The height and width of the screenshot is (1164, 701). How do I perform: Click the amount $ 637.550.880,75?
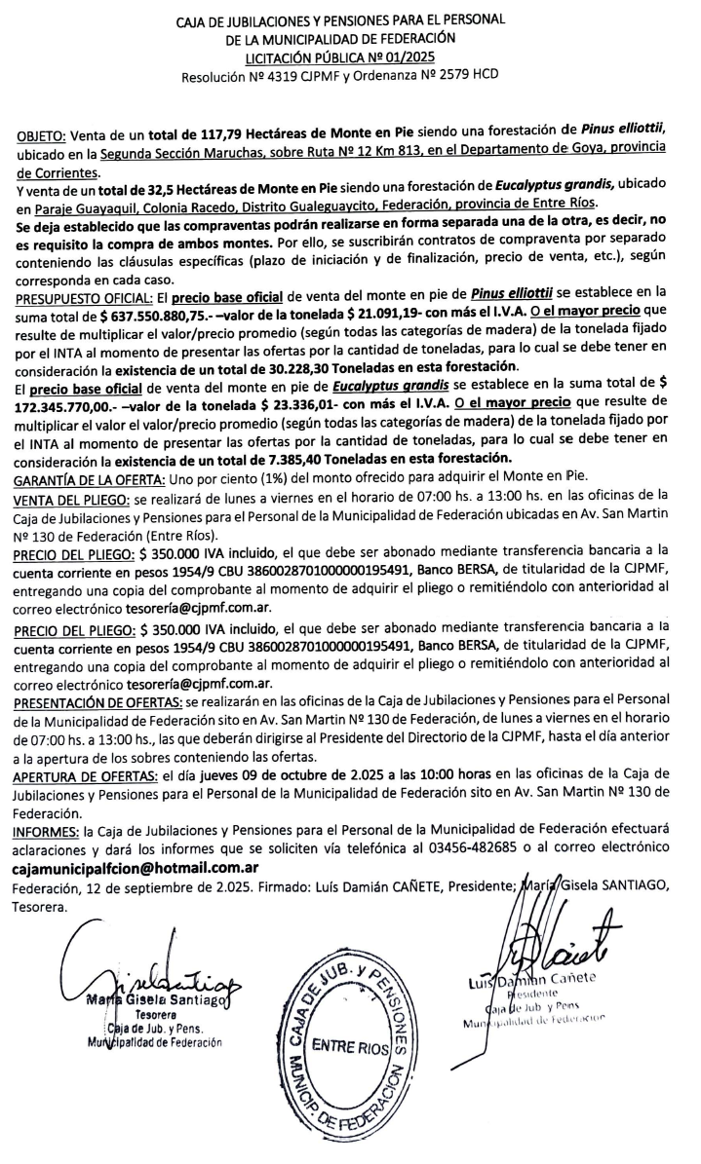(x=164, y=310)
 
